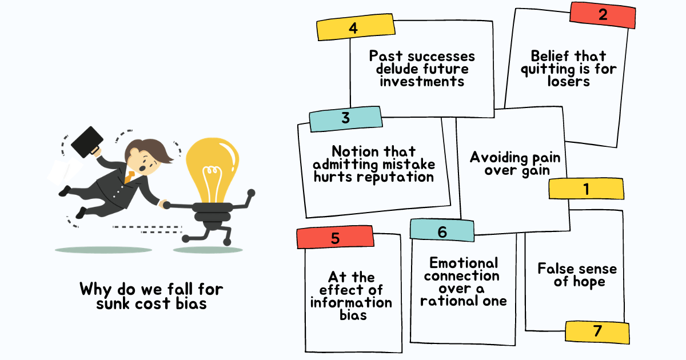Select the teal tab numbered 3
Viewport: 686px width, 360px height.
[345, 118]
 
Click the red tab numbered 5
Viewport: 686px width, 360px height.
[336, 238]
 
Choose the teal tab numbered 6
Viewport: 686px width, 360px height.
[442, 231]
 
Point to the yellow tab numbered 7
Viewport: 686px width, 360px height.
[597, 332]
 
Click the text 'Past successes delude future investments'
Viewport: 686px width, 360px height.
[422, 69]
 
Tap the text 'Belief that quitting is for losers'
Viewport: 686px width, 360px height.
[568, 69]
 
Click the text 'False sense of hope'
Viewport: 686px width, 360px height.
[577, 274]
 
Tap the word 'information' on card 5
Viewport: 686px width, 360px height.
[351, 302]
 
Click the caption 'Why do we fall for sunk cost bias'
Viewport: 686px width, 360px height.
[143, 295]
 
